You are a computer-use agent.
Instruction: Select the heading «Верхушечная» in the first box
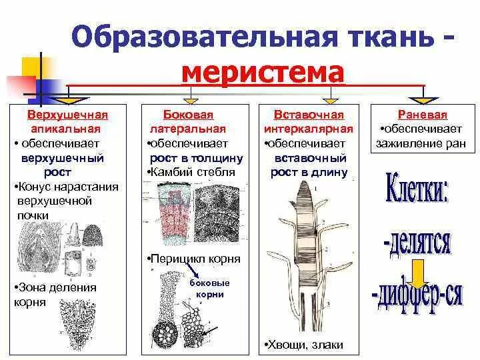point(68,115)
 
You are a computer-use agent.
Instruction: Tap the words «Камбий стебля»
point(193,173)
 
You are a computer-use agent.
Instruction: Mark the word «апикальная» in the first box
point(68,129)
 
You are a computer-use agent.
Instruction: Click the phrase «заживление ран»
point(419,143)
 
